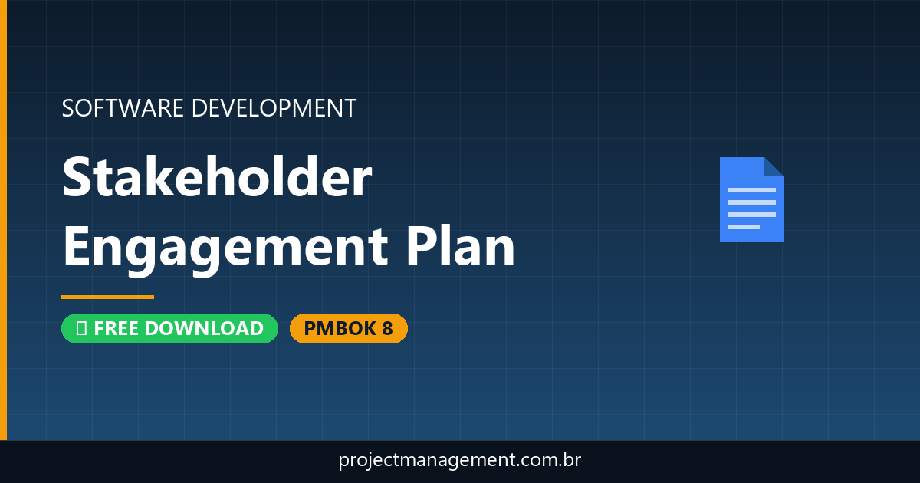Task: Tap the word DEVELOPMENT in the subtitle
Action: tap(274, 108)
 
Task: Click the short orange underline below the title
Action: tap(107, 297)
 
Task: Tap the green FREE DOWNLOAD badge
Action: tap(169, 328)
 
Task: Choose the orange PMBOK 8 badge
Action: tap(348, 328)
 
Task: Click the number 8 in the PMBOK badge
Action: tap(387, 328)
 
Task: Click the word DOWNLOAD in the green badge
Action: tap(204, 328)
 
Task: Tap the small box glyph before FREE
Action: tap(80, 328)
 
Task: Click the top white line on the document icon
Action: tap(751, 189)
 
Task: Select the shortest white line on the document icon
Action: tap(743, 227)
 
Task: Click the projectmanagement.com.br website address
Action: tap(460, 461)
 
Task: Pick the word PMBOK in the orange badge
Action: tap(338, 328)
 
